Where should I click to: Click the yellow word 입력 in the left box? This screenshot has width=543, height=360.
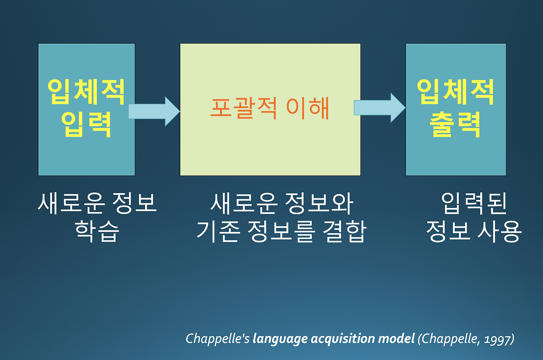coord(86,125)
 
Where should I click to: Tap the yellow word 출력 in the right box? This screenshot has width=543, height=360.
coord(455,125)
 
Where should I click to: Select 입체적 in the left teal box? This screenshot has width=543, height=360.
coord(86,92)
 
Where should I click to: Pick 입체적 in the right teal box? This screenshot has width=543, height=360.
coord(455,92)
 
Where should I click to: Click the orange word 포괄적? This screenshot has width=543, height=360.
coord(244,108)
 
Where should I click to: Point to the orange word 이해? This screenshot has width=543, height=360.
coord(308,108)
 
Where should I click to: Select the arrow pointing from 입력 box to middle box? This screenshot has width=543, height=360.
coord(154,111)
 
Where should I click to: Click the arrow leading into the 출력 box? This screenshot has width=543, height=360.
coord(380,108)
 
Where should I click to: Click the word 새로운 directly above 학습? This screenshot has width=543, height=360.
coord(71,203)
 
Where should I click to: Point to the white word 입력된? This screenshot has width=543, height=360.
coord(474,203)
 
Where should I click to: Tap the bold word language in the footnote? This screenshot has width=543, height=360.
coord(280,339)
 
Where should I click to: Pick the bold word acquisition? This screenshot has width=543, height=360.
coord(343,339)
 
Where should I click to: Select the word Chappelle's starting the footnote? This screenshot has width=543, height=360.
coord(218,339)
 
